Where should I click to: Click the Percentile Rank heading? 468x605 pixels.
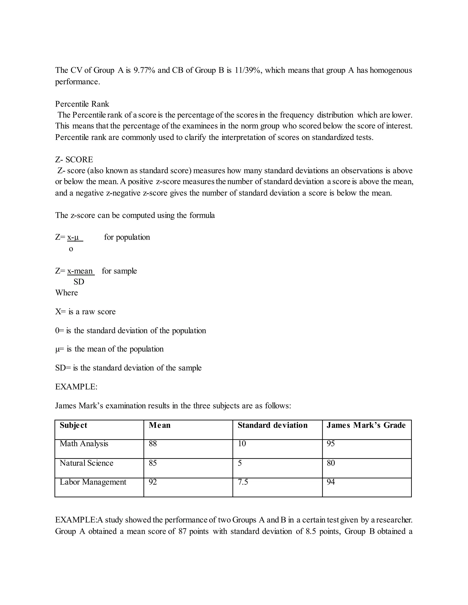point(82,104)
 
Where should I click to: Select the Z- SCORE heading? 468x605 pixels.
point(74,160)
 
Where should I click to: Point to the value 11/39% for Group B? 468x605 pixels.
point(247,70)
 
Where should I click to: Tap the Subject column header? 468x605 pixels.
point(74,425)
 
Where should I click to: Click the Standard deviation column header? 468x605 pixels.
point(273,425)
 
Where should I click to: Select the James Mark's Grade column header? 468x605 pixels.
point(366,425)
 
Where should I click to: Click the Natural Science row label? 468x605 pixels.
point(87,463)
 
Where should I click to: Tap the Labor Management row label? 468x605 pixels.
point(93,482)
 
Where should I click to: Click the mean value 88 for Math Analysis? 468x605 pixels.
point(153,444)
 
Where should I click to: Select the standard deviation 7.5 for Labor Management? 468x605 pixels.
point(243,482)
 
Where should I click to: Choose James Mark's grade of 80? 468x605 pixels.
point(331,463)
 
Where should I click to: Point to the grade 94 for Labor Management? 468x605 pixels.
point(331,482)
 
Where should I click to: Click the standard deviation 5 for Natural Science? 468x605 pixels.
point(240,463)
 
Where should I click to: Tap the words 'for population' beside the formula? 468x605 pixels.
point(127,237)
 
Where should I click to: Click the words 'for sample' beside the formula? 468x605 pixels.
point(119,271)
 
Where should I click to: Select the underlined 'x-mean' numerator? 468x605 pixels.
point(80,271)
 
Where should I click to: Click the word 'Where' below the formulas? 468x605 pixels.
point(66,293)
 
